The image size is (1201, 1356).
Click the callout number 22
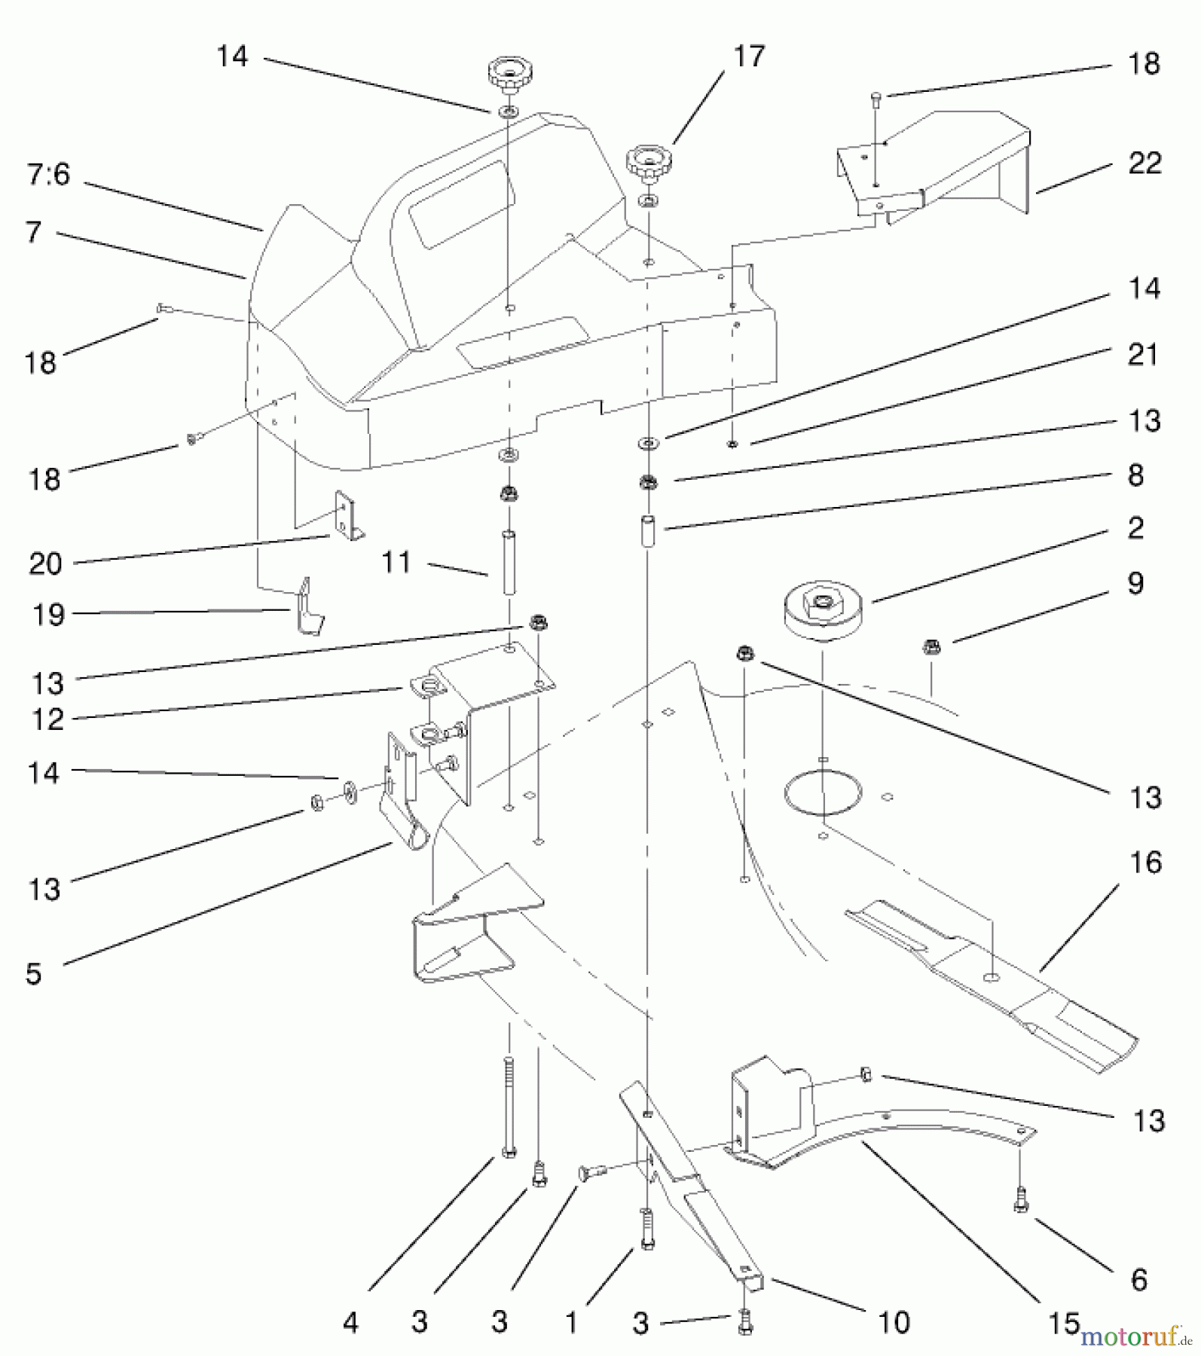[x=1144, y=163]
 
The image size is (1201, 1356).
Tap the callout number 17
[x=748, y=56]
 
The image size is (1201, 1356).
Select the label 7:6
[x=48, y=175]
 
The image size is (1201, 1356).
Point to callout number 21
[x=1142, y=354]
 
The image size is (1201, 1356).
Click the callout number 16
[x=1145, y=863]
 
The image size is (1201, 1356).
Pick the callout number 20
[x=45, y=563]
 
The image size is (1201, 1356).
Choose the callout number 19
[x=48, y=615]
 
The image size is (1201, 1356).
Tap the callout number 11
[x=396, y=562]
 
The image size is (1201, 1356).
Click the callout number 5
[x=33, y=973]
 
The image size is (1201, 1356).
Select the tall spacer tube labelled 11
[x=509, y=563]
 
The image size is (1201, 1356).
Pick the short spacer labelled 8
[x=648, y=533]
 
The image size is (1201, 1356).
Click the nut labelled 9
[x=931, y=646]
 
